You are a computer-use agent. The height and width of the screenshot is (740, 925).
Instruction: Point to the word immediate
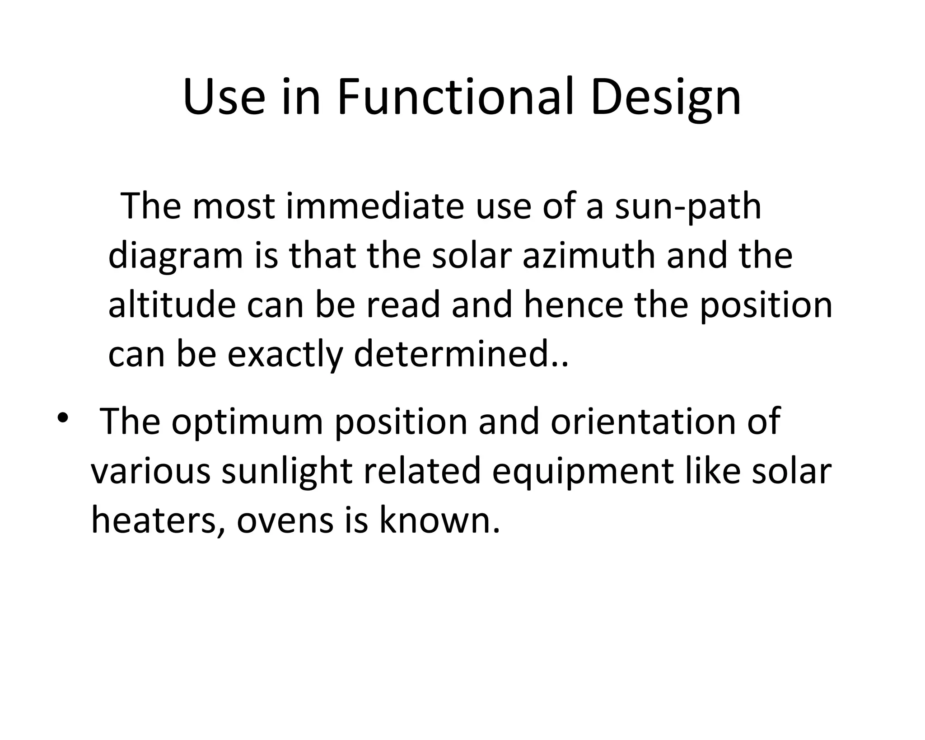click(375, 206)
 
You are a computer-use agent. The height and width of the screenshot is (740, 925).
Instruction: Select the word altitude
click(172, 305)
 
